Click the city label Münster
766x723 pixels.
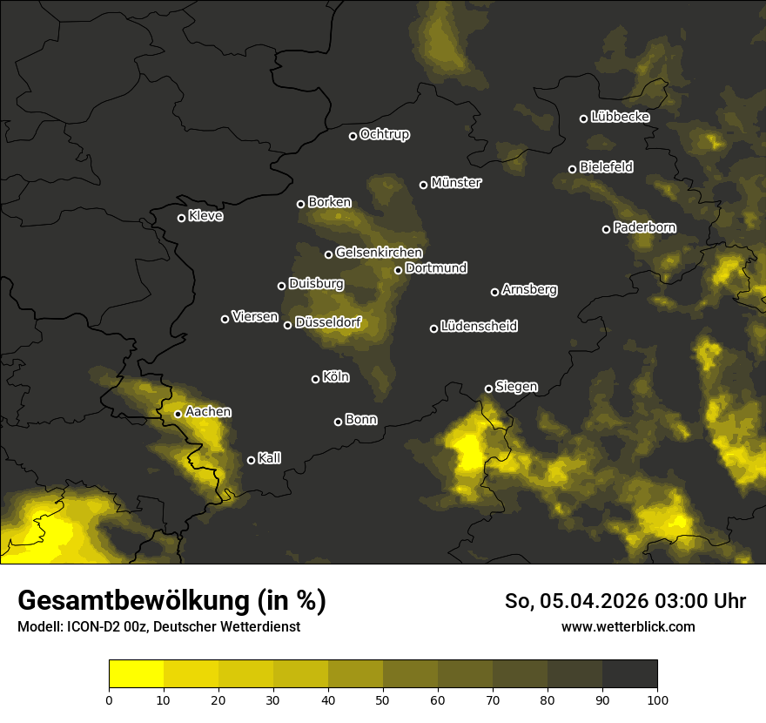click(x=456, y=183)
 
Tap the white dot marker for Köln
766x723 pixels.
click(x=315, y=379)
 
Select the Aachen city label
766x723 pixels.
click(x=208, y=412)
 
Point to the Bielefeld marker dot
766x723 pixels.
click(x=572, y=169)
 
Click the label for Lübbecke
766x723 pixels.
click(x=620, y=117)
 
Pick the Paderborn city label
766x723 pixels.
click(x=644, y=227)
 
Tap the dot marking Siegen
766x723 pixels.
click(x=488, y=389)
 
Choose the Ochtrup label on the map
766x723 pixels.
click(x=384, y=134)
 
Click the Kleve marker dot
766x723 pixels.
click(x=181, y=218)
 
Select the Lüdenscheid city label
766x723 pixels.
click(x=479, y=327)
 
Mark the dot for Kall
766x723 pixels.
click(x=251, y=460)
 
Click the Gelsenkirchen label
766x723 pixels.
click(x=379, y=253)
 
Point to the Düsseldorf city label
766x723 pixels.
click(x=327, y=323)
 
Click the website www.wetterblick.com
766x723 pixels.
click(x=628, y=626)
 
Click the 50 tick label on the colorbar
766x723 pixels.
click(x=383, y=699)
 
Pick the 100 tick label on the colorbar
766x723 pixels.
click(x=657, y=699)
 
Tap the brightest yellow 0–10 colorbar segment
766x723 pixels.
click(x=137, y=674)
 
